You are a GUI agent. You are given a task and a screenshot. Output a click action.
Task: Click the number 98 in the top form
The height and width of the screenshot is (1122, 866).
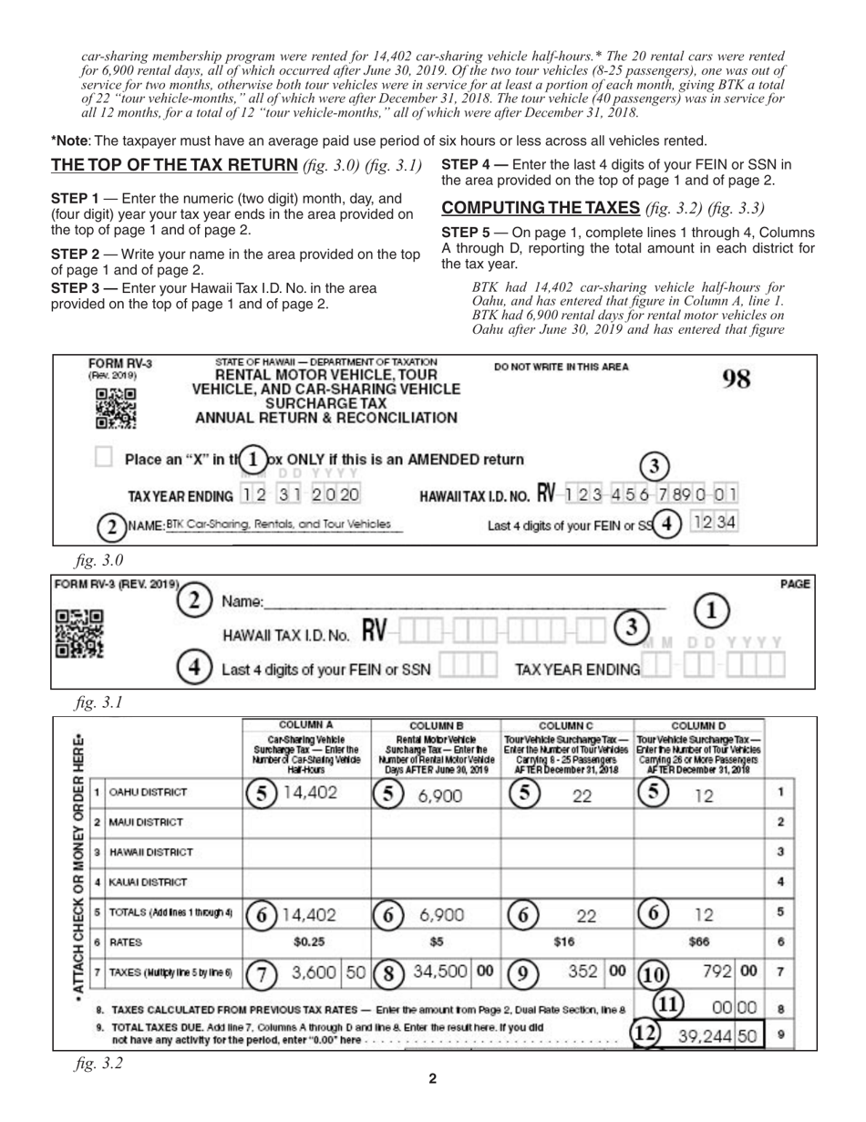(x=735, y=379)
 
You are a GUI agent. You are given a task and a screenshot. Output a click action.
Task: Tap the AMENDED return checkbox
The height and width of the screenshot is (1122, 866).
(x=104, y=459)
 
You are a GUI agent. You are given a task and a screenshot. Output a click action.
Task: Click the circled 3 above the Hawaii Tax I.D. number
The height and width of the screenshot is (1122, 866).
(x=653, y=465)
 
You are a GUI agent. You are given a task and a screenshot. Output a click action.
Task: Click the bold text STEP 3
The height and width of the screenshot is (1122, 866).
(x=75, y=287)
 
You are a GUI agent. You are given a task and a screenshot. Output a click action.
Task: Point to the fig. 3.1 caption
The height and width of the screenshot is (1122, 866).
(x=99, y=702)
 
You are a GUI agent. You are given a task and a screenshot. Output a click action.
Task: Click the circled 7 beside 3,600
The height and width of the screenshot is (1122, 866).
(x=263, y=974)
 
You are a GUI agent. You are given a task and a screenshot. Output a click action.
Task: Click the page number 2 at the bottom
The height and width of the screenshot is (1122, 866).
(x=432, y=1079)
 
